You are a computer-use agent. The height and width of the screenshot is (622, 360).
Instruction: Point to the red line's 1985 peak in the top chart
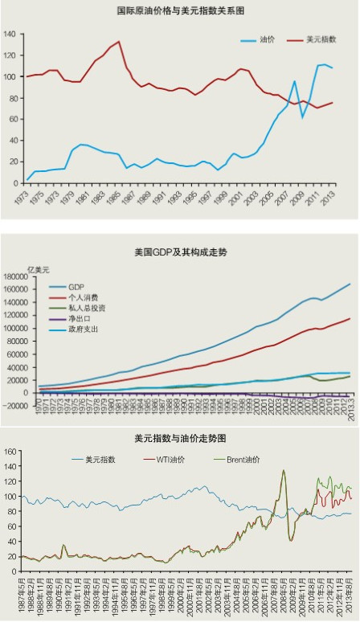click(119, 42)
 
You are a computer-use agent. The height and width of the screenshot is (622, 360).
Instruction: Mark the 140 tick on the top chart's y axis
click(10, 35)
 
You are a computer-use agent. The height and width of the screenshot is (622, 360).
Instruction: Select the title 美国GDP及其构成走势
click(181, 252)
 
